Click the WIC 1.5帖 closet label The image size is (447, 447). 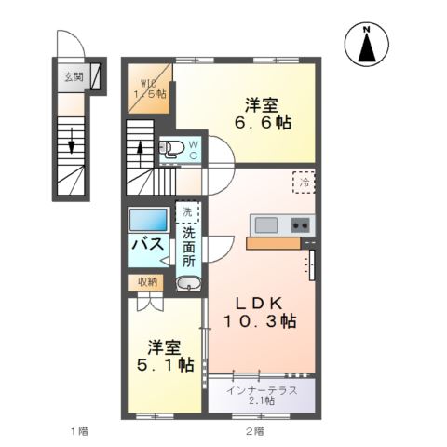[x=149, y=84]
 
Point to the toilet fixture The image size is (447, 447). [x=172, y=146]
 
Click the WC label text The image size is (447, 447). [x=194, y=149]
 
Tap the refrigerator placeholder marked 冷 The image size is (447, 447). [x=303, y=182]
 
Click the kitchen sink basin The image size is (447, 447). [x=265, y=225]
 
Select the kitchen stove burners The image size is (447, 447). [x=300, y=225]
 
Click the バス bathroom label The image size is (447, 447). [x=147, y=245]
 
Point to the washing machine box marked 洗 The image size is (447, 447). [x=187, y=213]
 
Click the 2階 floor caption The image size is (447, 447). [x=254, y=431]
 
